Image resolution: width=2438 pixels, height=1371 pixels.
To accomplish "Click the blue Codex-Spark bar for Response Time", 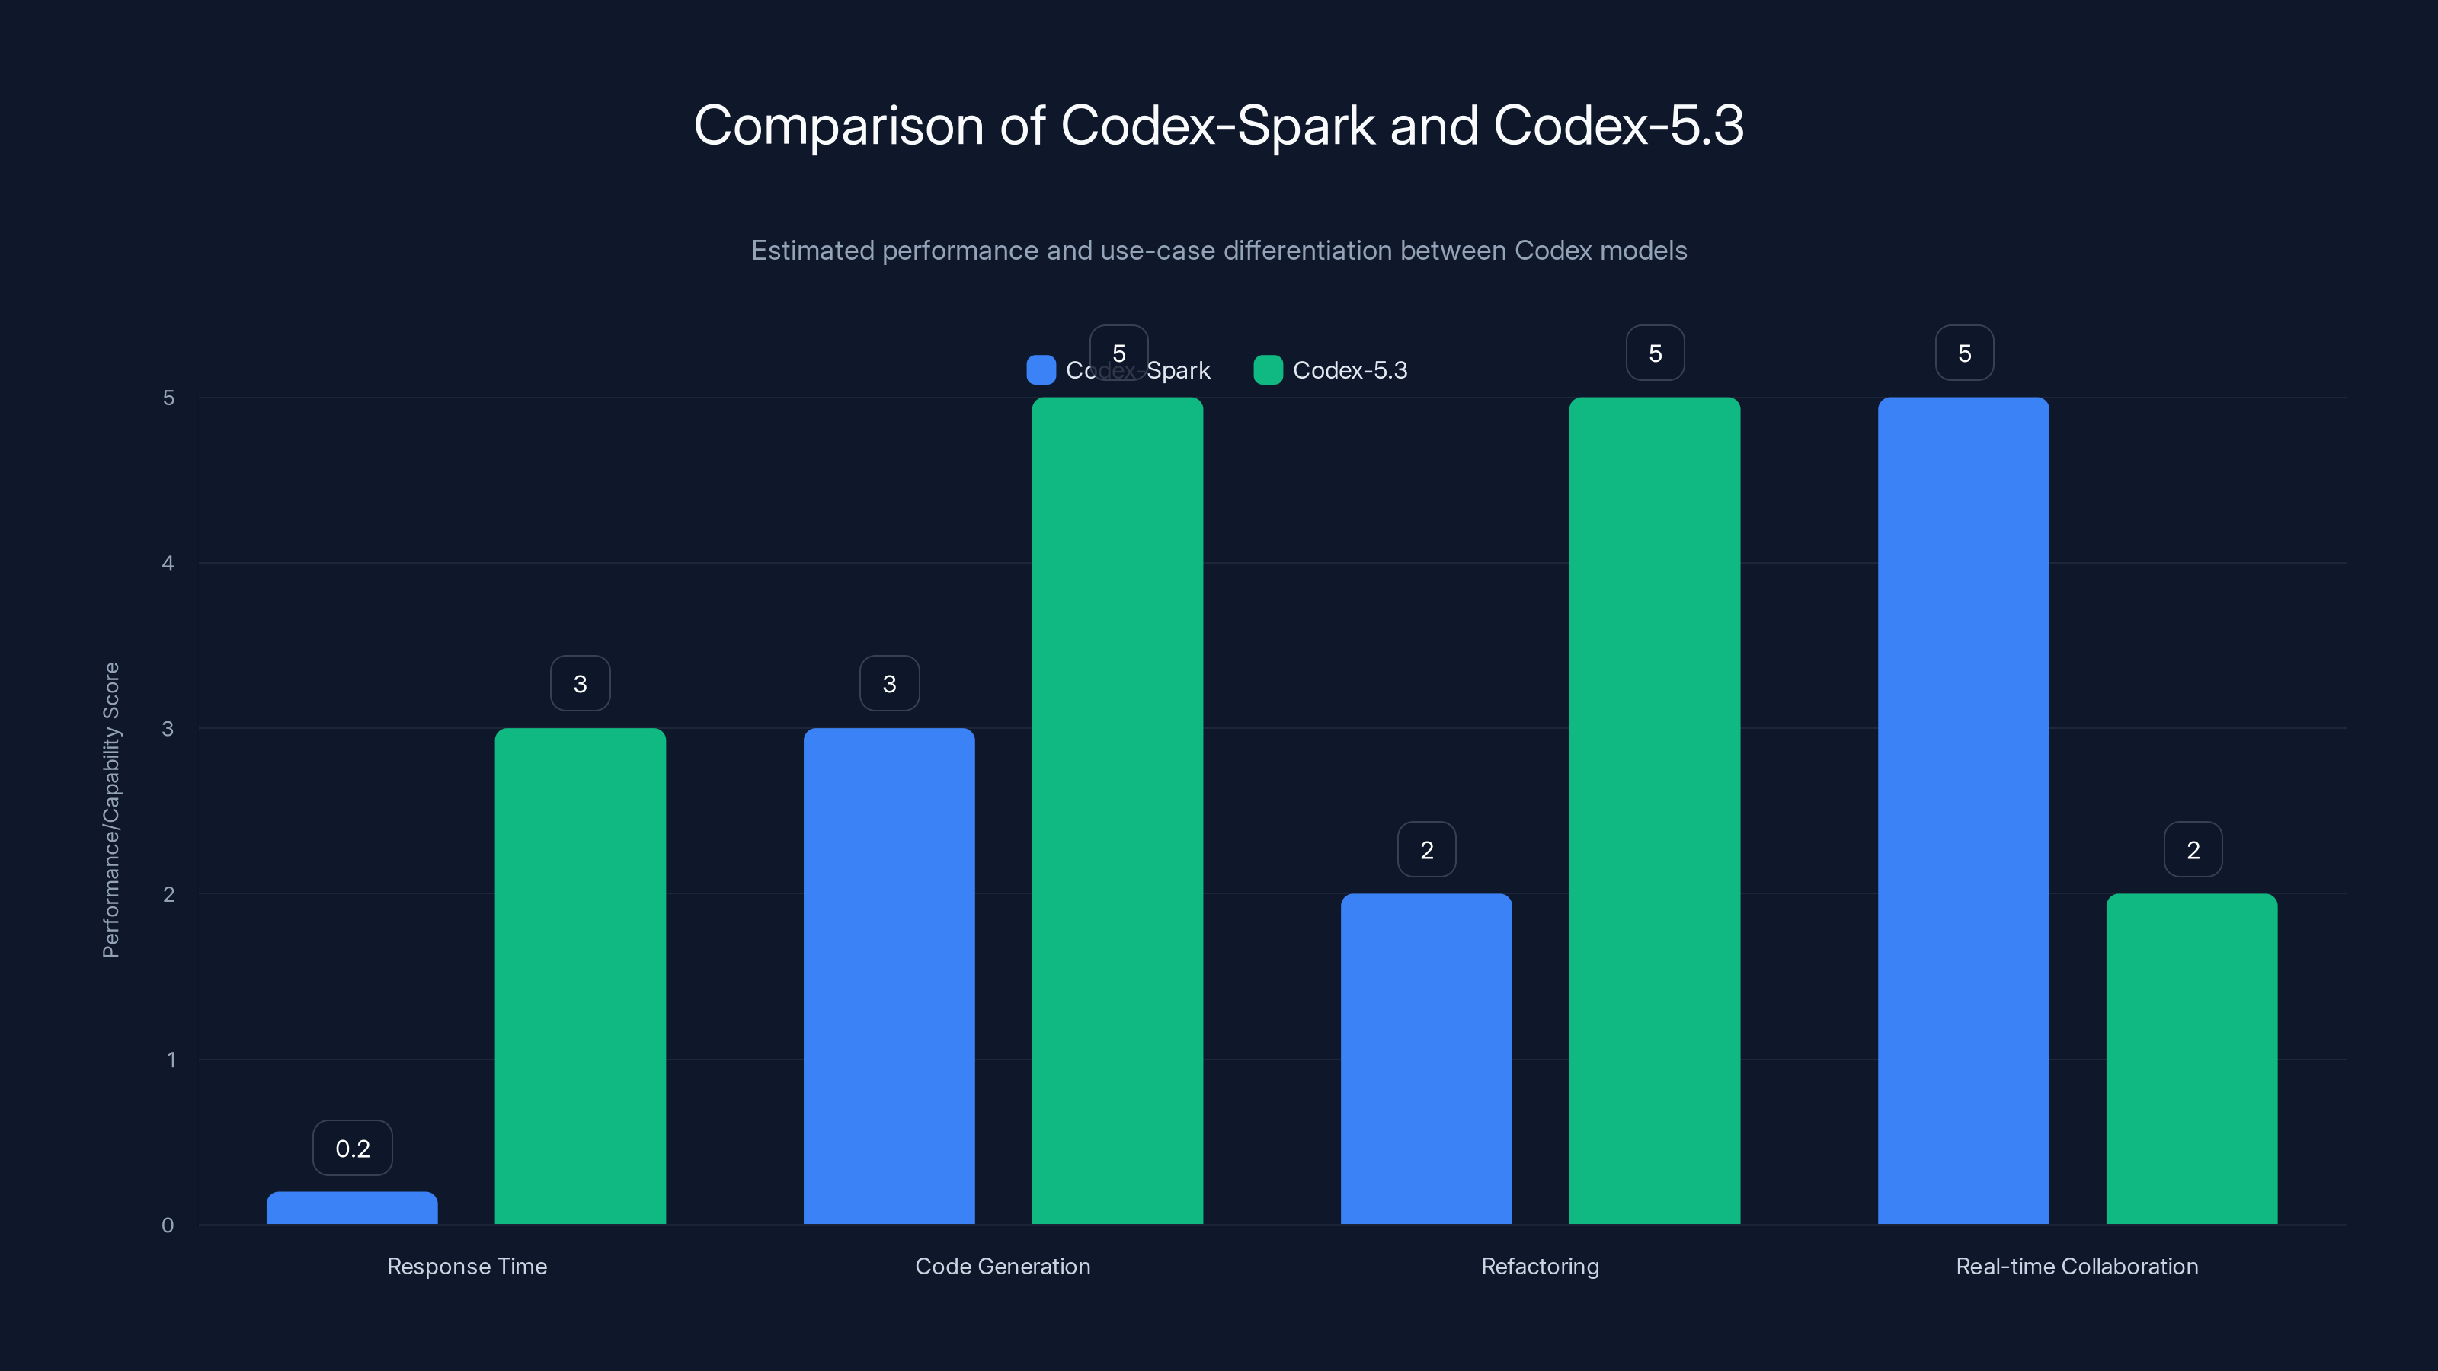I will coord(352,1208).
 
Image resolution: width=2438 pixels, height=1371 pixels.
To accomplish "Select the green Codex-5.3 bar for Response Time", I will coord(580,976).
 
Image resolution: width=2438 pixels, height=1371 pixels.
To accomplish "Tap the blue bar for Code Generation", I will coord(888,976).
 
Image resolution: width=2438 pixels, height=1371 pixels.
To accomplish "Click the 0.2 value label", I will coord(352,1149).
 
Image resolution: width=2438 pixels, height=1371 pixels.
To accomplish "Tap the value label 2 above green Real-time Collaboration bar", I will coord(2193,850).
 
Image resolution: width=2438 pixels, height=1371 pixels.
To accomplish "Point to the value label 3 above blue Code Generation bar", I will coord(888,683).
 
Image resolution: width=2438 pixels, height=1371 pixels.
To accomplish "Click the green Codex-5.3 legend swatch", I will coord(1267,370).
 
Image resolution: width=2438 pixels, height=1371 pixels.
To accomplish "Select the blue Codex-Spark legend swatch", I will coord(1040,370).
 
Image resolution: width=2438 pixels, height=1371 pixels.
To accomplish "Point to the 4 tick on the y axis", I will coord(168,564).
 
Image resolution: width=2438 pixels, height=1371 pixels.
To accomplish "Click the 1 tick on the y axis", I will coord(171,1059).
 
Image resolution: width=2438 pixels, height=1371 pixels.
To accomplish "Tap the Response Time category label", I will coord(466,1266).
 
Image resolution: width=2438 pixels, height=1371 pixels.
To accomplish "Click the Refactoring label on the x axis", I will coord(1540,1266).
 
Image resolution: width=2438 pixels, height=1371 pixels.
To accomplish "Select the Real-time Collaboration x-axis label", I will coord(2076,1266).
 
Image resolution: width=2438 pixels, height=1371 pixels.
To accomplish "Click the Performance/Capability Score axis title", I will coord(110,810).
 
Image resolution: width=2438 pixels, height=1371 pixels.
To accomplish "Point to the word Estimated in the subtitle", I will coord(812,251).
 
